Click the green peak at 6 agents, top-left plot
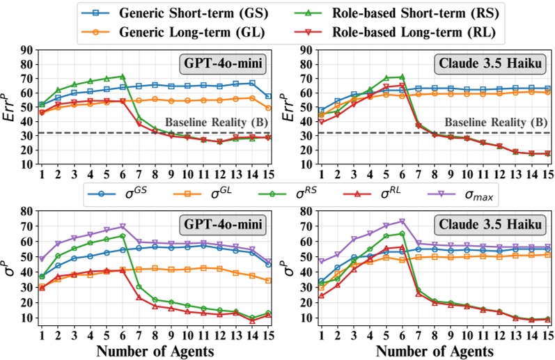point(123,77)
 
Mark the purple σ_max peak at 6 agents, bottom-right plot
point(402,221)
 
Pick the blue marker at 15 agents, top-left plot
point(269,96)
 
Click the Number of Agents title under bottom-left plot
point(155,350)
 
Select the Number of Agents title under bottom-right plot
point(434,350)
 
